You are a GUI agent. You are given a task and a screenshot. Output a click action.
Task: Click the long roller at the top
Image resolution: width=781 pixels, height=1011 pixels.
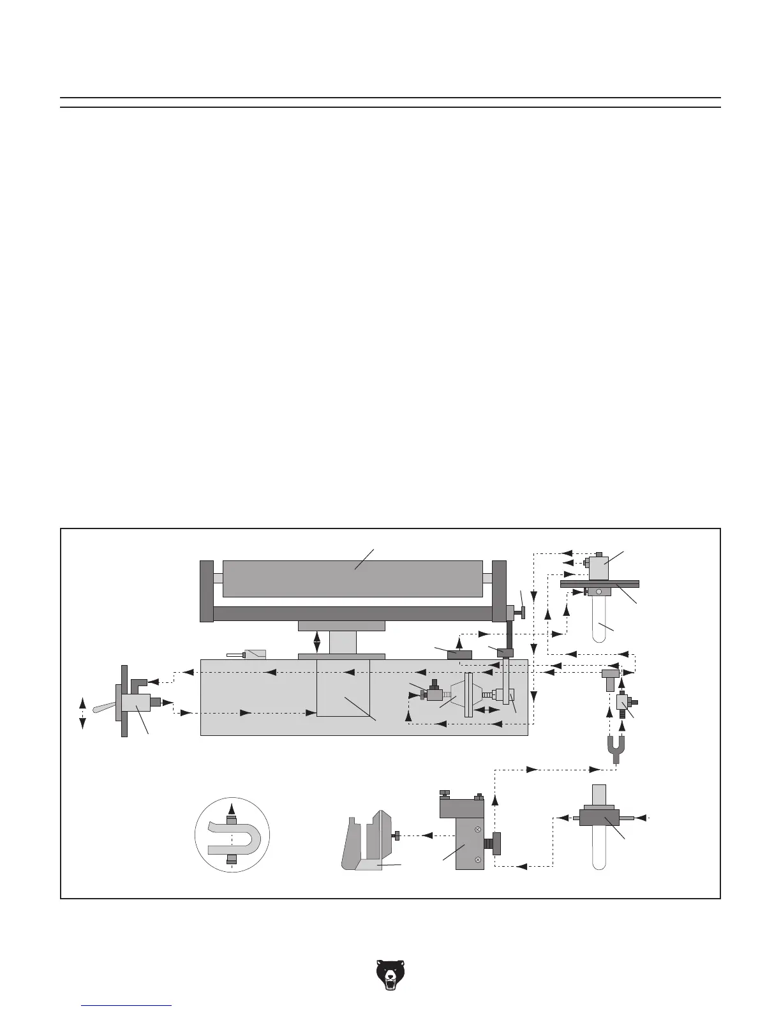(x=352, y=578)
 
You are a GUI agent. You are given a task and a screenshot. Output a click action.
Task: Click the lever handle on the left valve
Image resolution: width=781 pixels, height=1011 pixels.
(x=104, y=707)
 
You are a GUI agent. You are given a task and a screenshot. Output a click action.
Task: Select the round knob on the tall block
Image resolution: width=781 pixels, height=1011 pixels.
(x=496, y=844)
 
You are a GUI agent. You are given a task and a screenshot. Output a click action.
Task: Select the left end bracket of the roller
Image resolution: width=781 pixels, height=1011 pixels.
(x=206, y=591)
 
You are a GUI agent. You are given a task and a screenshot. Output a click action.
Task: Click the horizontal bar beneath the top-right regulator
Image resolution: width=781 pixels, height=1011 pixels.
(x=599, y=583)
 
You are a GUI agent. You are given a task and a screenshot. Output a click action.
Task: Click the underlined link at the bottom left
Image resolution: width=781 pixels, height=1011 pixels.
(x=127, y=1005)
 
